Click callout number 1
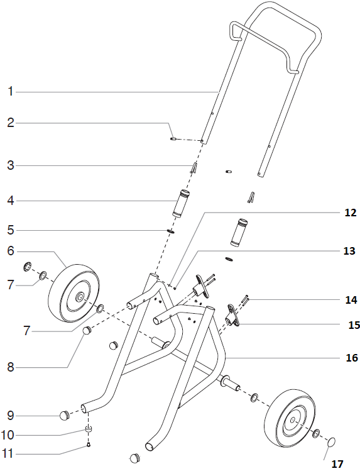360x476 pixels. [10, 92]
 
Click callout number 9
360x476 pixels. [10, 416]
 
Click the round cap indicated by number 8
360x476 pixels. [88, 331]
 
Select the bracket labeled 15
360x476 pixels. [234, 316]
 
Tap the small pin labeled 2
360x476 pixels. [173, 139]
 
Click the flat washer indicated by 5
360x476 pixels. [171, 231]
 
